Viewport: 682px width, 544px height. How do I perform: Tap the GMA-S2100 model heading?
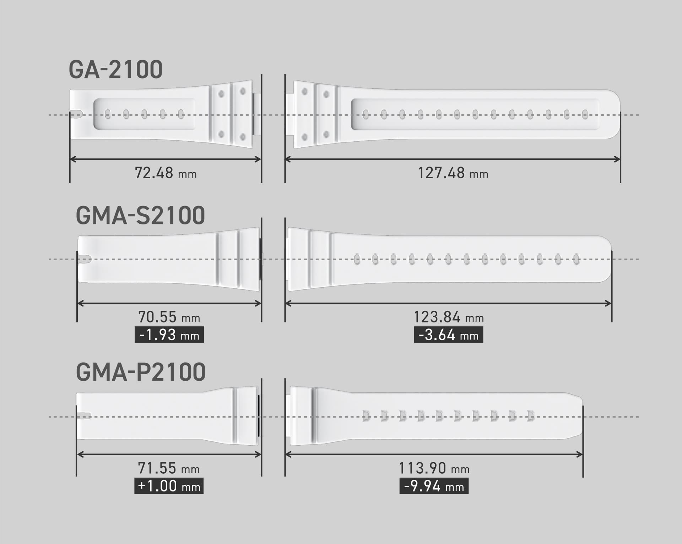tap(140, 215)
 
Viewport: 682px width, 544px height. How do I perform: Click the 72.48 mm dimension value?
tap(166, 173)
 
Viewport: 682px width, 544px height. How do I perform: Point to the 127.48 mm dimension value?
tap(453, 173)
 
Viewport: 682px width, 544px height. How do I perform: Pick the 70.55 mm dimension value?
tap(169, 317)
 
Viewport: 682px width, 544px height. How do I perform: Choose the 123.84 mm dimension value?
tap(449, 317)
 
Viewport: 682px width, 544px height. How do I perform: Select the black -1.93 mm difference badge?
tap(169, 335)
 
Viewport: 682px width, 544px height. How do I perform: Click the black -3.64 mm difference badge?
tap(448, 335)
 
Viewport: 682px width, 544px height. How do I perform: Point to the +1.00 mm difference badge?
tap(169, 486)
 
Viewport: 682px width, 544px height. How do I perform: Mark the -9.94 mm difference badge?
tap(434, 486)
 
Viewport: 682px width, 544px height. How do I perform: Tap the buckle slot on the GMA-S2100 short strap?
tap(85, 259)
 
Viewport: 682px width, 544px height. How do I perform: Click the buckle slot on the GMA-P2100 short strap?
tap(84, 416)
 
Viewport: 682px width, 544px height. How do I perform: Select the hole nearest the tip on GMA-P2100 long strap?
tap(531, 416)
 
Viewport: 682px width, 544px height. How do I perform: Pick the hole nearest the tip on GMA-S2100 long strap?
tap(576, 259)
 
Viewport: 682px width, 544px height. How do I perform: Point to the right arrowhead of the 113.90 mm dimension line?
tap(580, 454)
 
